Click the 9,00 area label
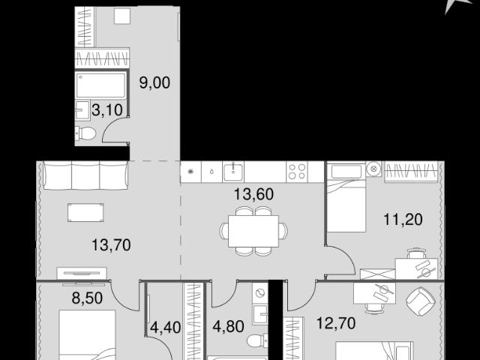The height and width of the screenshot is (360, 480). [154, 82]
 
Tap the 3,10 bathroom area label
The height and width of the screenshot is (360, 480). [107, 110]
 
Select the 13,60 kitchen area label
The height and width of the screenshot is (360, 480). [253, 194]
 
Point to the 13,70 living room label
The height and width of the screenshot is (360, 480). [112, 245]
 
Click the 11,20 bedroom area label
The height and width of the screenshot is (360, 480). [403, 220]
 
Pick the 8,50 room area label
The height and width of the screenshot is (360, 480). [87, 298]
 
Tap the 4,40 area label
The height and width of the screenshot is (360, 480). [165, 327]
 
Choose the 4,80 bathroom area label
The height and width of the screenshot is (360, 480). [228, 326]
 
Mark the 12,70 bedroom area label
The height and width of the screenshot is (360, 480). [336, 323]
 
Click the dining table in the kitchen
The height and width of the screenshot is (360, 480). [253, 231]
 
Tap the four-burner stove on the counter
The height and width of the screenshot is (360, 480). [297, 172]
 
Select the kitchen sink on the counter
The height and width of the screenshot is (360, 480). [233, 172]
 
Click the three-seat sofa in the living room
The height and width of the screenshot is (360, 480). [85, 175]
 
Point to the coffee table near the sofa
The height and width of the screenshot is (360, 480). [85, 212]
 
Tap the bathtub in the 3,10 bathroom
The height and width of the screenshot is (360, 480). [101, 85]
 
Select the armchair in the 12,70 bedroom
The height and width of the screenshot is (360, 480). [421, 301]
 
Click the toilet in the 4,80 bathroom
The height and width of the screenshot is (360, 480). [257, 340]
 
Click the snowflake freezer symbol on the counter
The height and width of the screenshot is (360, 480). [190, 172]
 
